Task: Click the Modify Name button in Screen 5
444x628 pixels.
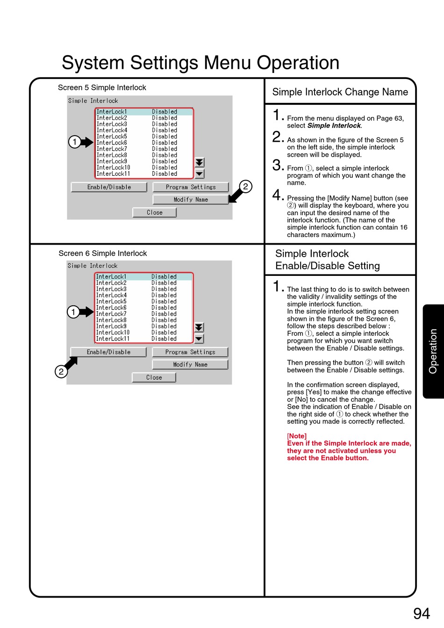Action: click(191, 200)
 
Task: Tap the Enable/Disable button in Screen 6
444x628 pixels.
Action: click(108, 352)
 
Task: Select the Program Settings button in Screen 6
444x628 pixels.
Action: click(190, 352)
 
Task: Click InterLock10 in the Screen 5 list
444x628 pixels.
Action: click(114, 167)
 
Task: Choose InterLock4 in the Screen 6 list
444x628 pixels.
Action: click(111, 295)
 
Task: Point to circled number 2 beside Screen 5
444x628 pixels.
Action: click(245, 187)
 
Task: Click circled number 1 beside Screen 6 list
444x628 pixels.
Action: click(73, 312)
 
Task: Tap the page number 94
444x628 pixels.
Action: click(422, 613)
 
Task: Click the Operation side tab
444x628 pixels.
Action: click(433, 351)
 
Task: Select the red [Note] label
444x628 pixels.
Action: click(297, 436)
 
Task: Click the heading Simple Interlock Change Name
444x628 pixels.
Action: click(340, 92)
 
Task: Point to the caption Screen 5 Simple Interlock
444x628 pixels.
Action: click(102, 87)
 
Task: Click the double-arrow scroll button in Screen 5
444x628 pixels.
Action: click(200, 162)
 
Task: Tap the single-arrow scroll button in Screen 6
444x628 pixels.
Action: click(199, 339)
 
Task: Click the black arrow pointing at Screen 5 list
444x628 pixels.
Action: click(87, 142)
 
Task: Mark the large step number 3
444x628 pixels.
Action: click(278, 165)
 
